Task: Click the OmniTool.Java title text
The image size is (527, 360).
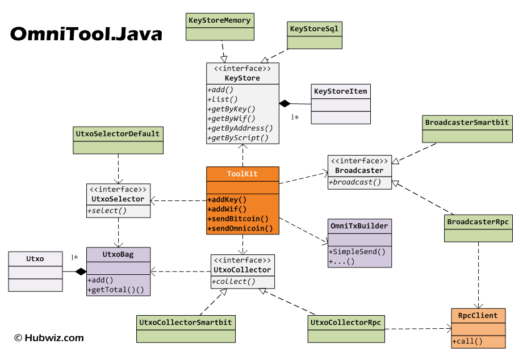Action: (x=86, y=34)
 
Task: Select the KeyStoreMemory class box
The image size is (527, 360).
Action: (x=219, y=27)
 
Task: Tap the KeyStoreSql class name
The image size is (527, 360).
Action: (x=315, y=28)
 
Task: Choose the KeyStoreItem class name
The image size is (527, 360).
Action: (x=341, y=91)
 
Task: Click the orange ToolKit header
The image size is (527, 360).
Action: (x=242, y=174)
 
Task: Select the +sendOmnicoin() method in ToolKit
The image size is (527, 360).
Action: (x=240, y=228)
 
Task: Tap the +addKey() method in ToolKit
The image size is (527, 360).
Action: (x=227, y=199)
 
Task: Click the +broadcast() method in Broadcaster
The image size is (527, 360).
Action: (x=355, y=182)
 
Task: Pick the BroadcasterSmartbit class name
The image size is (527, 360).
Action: (x=467, y=122)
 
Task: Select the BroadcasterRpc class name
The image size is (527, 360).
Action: (x=478, y=221)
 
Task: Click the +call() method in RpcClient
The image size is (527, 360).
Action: (x=468, y=341)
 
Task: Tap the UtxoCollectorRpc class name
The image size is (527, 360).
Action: (x=346, y=323)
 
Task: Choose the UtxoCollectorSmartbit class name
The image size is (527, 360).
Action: (x=186, y=323)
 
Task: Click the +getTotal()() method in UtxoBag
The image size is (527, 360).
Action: (x=116, y=290)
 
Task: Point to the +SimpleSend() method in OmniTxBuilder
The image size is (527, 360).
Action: (x=357, y=252)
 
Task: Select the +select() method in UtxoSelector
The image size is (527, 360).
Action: (x=107, y=211)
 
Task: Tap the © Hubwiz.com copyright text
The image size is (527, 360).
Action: (x=49, y=338)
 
